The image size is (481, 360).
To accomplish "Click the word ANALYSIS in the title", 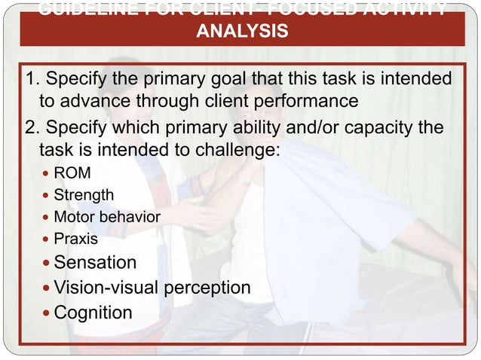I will pos(240,32).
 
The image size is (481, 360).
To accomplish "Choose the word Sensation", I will pos(95,262).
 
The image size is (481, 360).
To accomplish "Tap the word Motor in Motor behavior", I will pos(74,217).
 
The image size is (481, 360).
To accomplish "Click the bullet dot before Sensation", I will pos(47,263).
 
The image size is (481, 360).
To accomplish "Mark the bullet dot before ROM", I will pos(47,174).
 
